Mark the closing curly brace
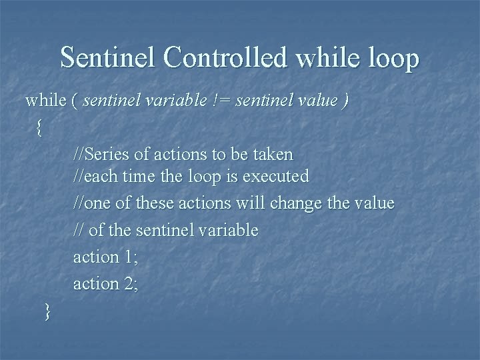coord(46,310)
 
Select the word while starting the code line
coord(45,101)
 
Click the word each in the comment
coord(99,177)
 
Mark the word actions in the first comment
coord(181,154)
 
